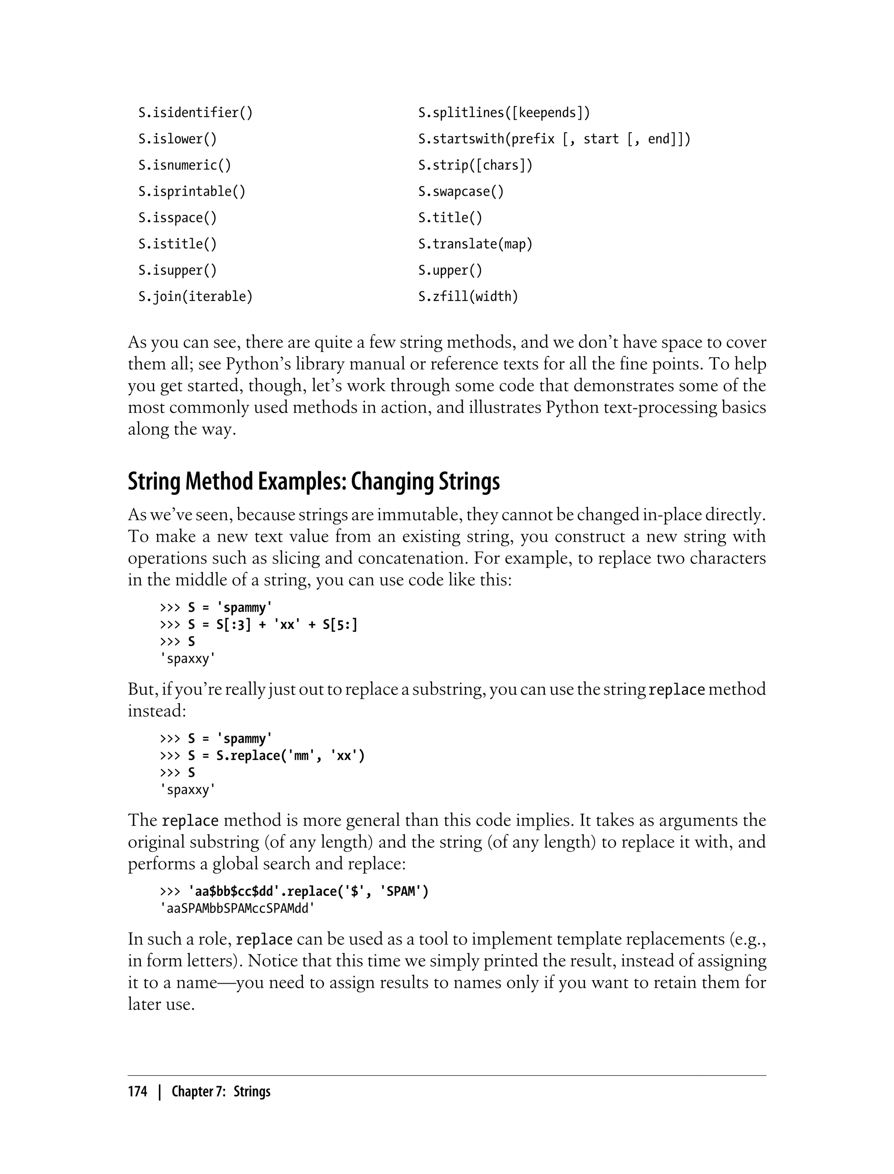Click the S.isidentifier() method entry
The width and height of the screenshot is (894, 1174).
tap(195, 113)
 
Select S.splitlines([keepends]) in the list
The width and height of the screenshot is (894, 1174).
tap(504, 113)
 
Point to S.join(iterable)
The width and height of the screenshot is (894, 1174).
tap(195, 297)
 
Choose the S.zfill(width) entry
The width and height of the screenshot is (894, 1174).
tap(468, 297)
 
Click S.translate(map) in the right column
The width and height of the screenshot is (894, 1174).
tap(475, 245)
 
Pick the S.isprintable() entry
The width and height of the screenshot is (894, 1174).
tap(192, 192)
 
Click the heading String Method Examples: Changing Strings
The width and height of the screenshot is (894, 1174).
tap(313, 482)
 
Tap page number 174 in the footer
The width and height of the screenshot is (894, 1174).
tap(138, 1092)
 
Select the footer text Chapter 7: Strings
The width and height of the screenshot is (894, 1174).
tap(221, 1092)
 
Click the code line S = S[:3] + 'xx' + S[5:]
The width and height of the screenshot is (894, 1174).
tap(272, 625)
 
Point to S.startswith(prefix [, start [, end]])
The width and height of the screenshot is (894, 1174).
tap(554, 139)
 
